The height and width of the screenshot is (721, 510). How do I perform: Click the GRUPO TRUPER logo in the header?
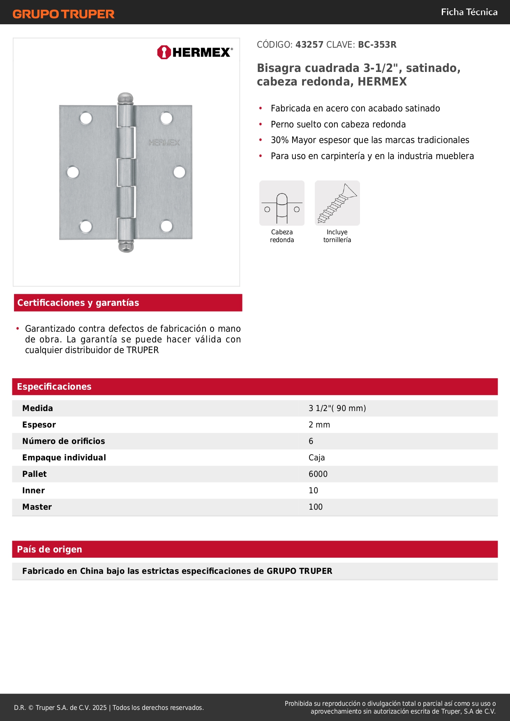point(64,14)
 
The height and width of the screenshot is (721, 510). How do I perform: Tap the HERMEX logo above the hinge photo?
point(195,52)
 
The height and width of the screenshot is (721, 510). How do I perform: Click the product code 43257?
point(309,45)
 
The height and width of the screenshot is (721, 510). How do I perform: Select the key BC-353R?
point(377,45)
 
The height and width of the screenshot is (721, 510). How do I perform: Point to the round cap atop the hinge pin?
point(126,98)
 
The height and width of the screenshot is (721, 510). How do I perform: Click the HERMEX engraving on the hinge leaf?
point(164,143)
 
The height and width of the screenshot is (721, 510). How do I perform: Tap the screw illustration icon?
point(337,203)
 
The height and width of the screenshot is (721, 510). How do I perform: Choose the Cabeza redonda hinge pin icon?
point(282,203)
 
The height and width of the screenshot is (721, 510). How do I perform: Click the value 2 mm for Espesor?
point(319,425)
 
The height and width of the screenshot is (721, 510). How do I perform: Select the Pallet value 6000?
point(318,474)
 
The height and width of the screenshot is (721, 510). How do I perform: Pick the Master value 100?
point(316,507)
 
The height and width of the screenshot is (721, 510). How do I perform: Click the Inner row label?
point(34,491)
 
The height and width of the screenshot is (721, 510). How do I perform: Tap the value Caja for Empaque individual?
point(317,458)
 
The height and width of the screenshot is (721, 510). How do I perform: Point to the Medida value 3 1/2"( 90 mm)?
point(337,409)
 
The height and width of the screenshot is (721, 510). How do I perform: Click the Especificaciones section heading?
point(54,387)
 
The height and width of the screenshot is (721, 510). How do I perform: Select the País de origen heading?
point(50,550)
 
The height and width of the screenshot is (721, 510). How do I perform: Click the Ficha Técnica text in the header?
point(469,12)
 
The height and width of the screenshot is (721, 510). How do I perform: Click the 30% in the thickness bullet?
point(279,140)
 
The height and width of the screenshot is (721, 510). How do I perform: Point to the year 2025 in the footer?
point(99,707)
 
